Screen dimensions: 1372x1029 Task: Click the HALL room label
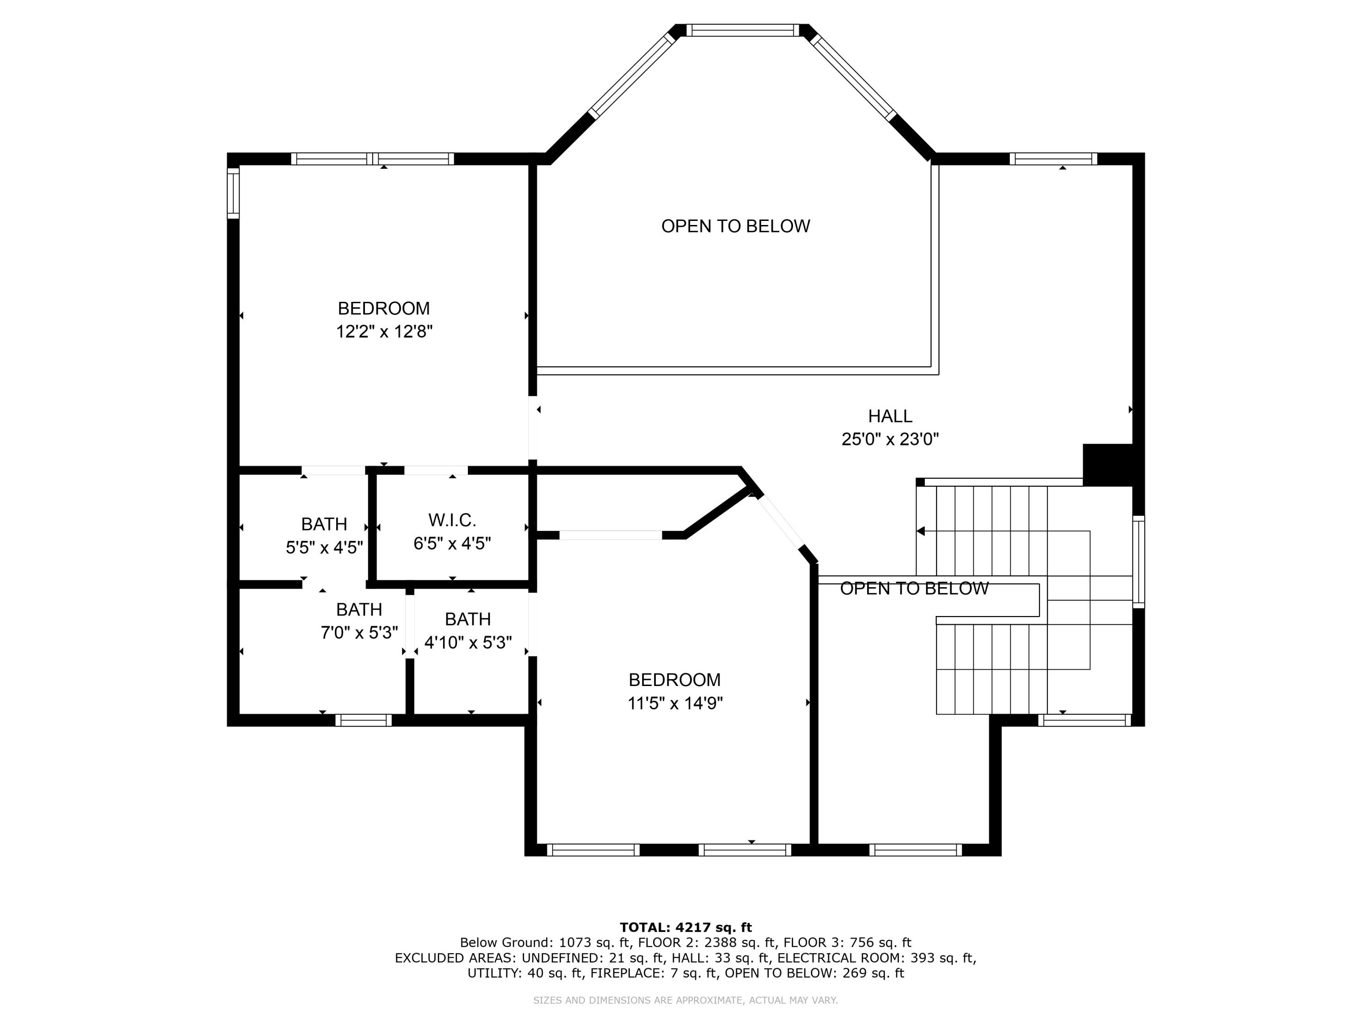click(890, 416)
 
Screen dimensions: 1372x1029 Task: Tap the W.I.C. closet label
click(452, 520)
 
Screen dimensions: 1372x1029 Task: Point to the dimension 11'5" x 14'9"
click(675, 703)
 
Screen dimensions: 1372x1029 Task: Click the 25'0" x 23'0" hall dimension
click(890, 439)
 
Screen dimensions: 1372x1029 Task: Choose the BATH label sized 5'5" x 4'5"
click(324, 524)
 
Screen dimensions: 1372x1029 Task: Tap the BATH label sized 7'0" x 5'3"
click(359, 610)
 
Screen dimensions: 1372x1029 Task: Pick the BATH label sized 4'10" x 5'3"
click(468, 619)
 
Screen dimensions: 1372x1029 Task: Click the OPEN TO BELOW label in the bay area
click(735, 226)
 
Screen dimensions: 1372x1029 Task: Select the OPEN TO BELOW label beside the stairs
click(914, 589)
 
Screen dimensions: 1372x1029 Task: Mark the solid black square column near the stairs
click(1108, 465)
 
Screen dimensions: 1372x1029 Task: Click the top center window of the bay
click(743, 30)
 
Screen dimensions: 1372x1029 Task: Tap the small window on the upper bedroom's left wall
click(233, 193)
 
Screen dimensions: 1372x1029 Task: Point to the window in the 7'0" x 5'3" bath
click(364, 720)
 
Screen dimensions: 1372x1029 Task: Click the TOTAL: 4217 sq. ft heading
click(686, 927)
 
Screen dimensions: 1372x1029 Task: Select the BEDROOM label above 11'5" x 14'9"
click(675, 680)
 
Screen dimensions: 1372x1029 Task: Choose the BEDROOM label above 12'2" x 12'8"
click(384, 308)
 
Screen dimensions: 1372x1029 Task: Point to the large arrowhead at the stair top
click(921, 531)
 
